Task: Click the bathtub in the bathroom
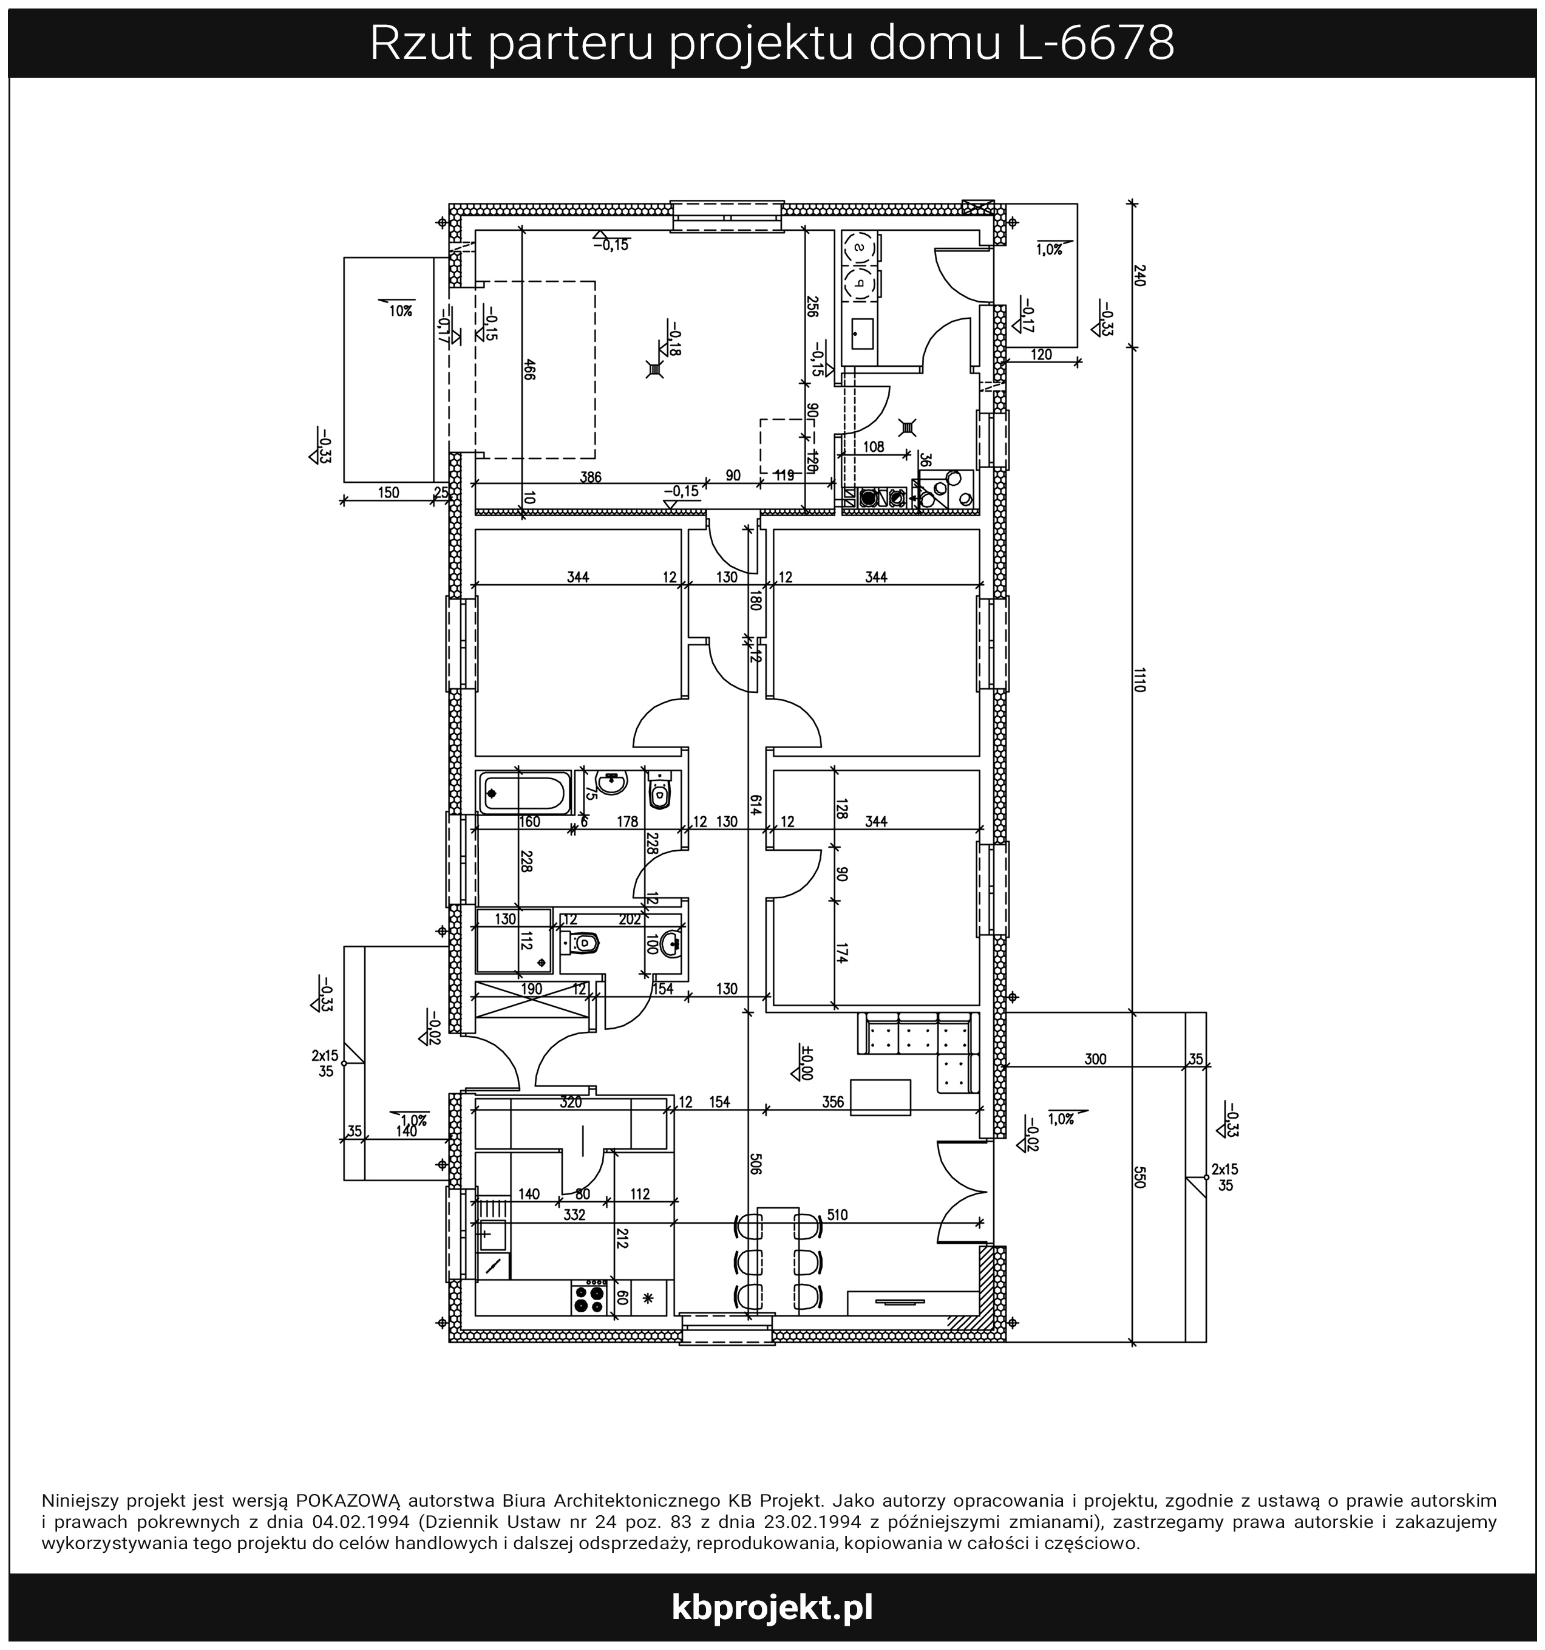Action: [525, 794]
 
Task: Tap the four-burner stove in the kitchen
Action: [589, 1297]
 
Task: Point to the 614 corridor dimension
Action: [755, 805]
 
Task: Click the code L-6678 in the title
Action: [1095, 43]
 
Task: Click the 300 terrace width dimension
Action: [1095, 1059]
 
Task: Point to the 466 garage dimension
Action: [529, 369]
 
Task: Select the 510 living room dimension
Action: [837, 1215]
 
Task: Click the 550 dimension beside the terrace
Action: [1138, 1177]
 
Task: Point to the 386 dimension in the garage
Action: [590, 477]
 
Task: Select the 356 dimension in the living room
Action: [833, 1102]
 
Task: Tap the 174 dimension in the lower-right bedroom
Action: [841, 953]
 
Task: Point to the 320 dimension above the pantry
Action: [571, 1103]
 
